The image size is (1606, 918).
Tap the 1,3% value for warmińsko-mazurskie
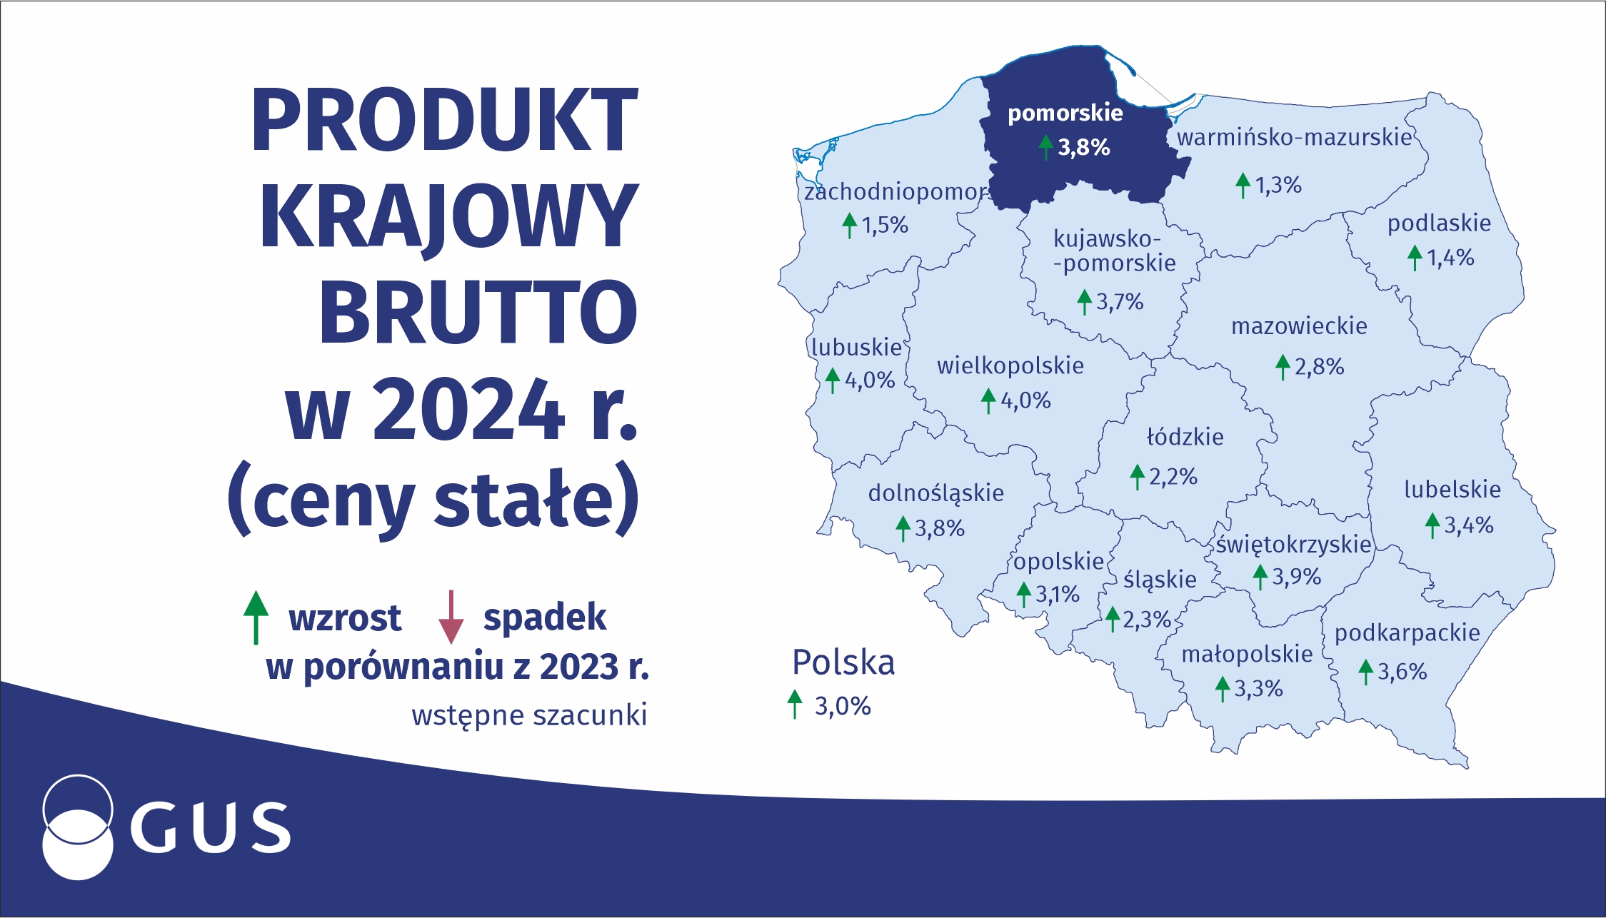tap(1278, 186)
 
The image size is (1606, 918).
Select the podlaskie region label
tap(1439, 224)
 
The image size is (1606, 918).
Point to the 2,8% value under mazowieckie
tap(1319, 367)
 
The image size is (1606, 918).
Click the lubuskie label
tap(856, 348)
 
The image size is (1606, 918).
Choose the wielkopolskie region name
tap(1010, 366)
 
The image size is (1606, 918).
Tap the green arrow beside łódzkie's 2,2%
tap(1138, 477)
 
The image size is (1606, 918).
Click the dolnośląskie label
tap(935, 493)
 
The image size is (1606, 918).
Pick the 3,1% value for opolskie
tap(1058, 594)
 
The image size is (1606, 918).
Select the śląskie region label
tap(1160, 580)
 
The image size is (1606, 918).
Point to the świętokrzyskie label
tap(1294, 545)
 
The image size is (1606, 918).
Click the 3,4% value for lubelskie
tap(1469, 525)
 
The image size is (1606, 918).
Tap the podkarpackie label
tap(1407, 634)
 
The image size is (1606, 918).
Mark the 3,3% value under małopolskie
tap(1258, 689)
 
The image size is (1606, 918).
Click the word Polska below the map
tap(843, 662)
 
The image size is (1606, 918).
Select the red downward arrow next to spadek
tap(451, 617)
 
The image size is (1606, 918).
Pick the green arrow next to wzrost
tap(256, 617)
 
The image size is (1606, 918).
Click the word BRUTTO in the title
tap(478, 312)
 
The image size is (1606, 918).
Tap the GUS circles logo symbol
tap(78, 827)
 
